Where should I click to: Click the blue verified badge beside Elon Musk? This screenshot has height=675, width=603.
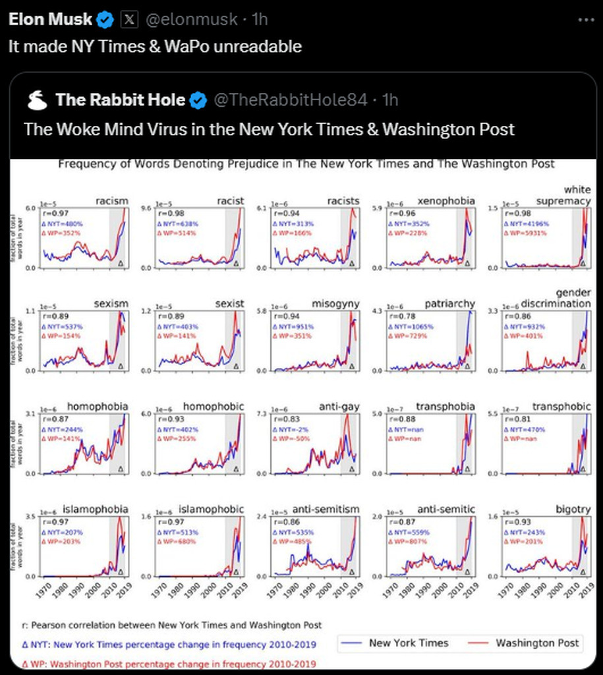(105, 20)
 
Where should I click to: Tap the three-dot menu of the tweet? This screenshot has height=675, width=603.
(586, 20)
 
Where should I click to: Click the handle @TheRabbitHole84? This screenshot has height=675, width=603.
(290, 100)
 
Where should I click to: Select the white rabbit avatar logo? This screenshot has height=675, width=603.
(38, 100)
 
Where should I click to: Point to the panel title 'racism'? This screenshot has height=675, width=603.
(111, 200)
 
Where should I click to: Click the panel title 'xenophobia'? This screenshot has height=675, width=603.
(446, 200)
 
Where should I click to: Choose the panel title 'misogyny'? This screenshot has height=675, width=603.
(335, 303)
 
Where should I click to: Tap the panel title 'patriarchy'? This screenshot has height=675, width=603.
(450, 303)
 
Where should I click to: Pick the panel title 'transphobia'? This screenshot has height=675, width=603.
(445, 406)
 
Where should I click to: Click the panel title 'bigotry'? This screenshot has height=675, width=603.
(573, 509)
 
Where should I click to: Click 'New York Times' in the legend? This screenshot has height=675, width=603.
(409, 643)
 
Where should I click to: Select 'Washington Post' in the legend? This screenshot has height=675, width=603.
(537, 643)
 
